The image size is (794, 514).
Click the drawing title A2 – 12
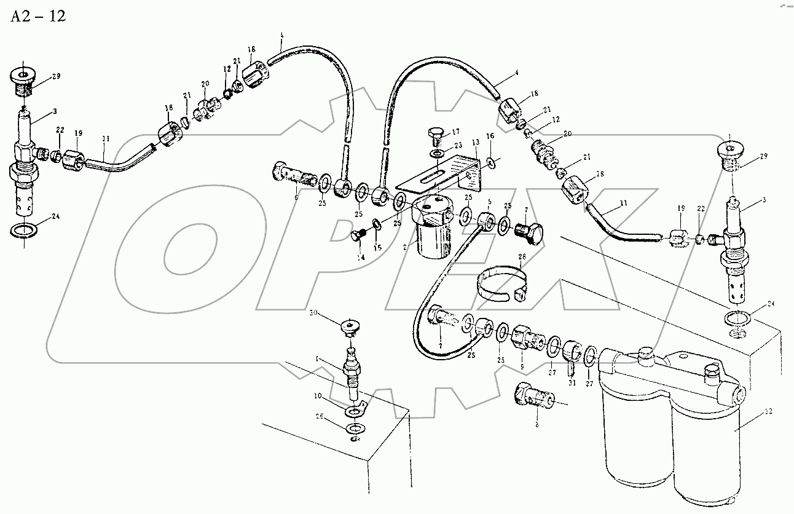click(37, 17)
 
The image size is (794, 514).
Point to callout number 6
click(296, 197)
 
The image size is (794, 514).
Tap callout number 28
click(522, 257)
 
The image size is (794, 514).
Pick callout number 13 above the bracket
click(475, 143)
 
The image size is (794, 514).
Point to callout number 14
click(361, 258)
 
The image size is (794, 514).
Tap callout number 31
click(573, 383)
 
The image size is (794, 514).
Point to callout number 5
click(489, 201)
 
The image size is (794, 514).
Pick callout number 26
click(320, 417)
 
